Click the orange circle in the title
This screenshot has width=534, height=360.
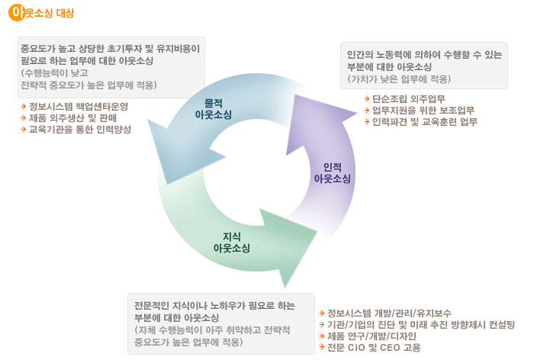click(x=17, y=12)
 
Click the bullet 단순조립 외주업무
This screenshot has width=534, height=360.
click(x=409, y=99)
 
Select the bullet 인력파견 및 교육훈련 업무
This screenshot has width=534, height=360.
click(x=424, y=122)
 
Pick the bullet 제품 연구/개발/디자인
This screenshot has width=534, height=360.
click(x=372, y=336)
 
